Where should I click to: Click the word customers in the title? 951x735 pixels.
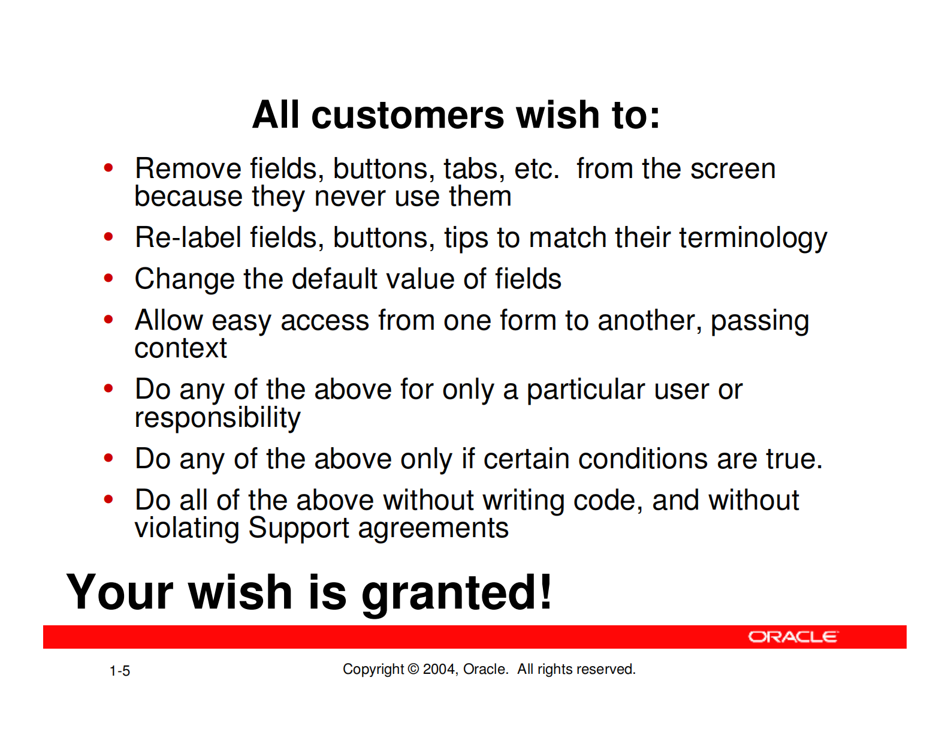coord(408,115)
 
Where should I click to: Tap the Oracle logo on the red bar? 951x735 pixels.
coord(793,637)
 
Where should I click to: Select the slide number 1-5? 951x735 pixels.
coord(119,671)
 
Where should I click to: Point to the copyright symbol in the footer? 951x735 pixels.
coord(413,669)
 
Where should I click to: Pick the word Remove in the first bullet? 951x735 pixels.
coord(188,168)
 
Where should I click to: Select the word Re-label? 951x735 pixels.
coord(188,237)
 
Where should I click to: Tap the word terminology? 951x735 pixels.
coord(753,239)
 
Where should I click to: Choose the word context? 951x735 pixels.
coord(181,349)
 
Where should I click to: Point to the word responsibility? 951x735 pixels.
coord(218,418)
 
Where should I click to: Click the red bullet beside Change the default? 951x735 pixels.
coord(108,278)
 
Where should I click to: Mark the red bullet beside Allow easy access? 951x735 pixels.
coord(108,319)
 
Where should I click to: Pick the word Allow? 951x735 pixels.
coord(168,321)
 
